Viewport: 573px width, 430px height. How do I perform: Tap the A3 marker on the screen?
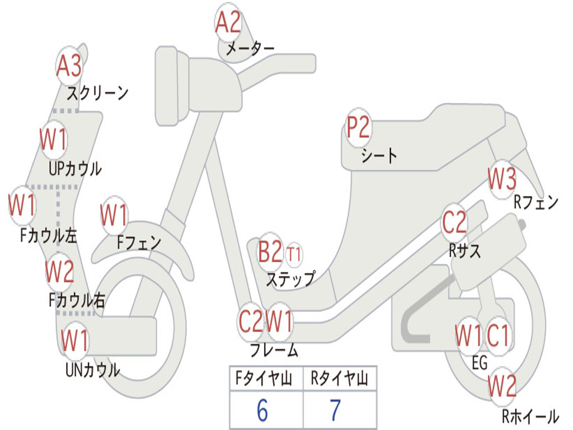69,67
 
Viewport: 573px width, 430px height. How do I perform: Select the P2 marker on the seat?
358,128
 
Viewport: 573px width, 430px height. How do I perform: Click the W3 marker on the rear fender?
502,179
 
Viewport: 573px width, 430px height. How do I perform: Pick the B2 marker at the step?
270,253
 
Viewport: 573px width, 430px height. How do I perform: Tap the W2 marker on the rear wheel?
502,386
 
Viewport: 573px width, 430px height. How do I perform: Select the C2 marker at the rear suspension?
454,222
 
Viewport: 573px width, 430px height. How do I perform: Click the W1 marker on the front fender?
114,215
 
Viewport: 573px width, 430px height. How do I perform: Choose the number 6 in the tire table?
262,410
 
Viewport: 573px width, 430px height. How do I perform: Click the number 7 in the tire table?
335,410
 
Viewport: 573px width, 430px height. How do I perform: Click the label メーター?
250,49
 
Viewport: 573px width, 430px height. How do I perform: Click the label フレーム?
274,351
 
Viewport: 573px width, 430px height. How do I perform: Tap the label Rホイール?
529,417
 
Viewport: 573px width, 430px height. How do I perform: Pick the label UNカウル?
93,370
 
